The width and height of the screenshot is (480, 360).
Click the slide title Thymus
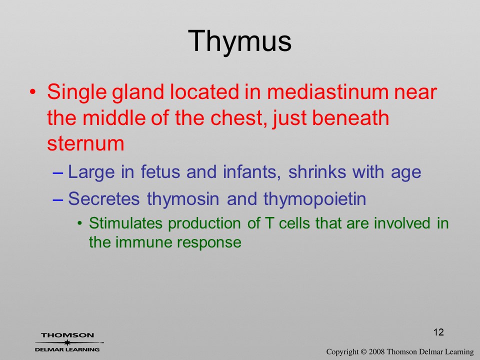tap(239, 41)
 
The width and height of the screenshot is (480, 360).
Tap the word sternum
tap(85, 144)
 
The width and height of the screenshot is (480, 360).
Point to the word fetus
tap(160, 171)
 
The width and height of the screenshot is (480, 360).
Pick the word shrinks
tap(317, 171)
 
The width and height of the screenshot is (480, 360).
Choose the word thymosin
tap(183, 199)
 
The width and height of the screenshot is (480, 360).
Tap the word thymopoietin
tap(314, 199)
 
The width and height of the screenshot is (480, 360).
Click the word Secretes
tap(104, 198)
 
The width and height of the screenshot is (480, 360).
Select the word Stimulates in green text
tap(125, 223)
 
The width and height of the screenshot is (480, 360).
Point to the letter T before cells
tap(269, 223)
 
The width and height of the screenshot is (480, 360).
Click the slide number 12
tap(438, 332)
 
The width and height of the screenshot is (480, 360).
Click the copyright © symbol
tap(363, 352)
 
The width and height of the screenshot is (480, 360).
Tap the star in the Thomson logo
tap(67, 342)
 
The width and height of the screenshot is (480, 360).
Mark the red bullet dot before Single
tap(33, 92)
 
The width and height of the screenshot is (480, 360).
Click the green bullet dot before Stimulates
tap(80, 223)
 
